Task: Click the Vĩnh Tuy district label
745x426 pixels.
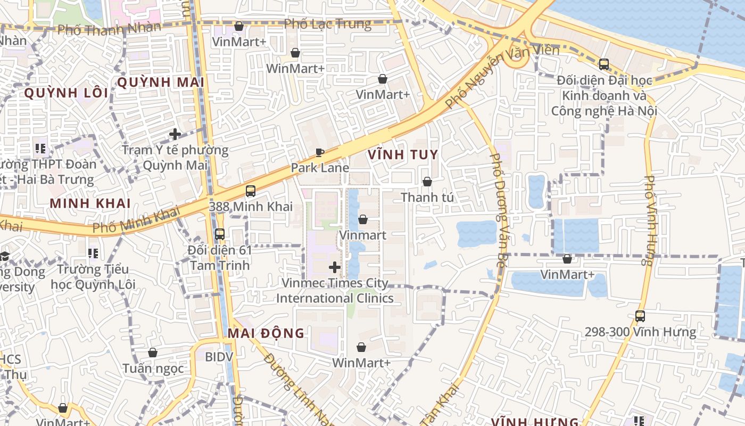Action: tap(403, 155)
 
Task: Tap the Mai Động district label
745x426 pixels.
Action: tap(266, 333)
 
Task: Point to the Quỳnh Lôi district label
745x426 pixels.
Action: tap(66, 93)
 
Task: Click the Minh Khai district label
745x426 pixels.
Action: tap(90, 203)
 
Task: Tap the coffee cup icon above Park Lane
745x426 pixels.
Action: tap(320, 153)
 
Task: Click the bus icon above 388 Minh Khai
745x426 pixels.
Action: tap(251, 191)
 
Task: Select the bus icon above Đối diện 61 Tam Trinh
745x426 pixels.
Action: tap(219, 234)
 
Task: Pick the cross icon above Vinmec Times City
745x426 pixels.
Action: tap(335, 267)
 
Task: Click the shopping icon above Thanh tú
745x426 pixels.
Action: tap(427, 182)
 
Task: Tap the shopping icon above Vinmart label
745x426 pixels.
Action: tap(363, 219)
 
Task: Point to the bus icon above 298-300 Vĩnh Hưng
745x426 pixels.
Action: tap(640, 316)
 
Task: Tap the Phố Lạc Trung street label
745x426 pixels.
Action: tap(327, 24)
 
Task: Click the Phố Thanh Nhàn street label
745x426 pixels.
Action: tap(109, 29)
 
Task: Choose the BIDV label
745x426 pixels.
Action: tap(219, 357)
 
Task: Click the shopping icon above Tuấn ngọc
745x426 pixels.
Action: tap(153, 353)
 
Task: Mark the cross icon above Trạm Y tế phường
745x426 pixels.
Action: tap(175, 134)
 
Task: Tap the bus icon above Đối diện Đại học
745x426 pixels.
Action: tap(604, 64)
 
